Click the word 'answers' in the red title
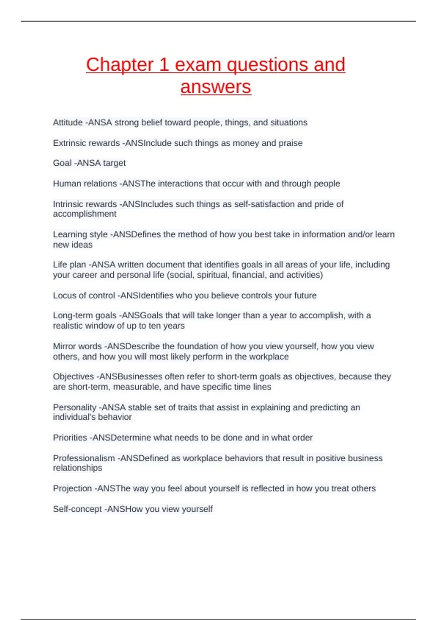point(216,87)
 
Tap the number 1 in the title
point(164,65)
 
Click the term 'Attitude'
point(68,123)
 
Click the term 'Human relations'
point(85,183)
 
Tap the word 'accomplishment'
point(84,214)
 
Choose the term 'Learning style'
point(80,235)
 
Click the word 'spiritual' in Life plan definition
point(213,275)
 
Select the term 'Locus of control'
point(84,295)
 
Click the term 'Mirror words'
point(77,346)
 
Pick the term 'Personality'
point(75,407)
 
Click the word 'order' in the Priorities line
point(302,438)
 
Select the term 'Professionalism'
point(84,458)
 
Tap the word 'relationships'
point(78,468)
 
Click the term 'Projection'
point(72,488)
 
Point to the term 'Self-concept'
point(77,509)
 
